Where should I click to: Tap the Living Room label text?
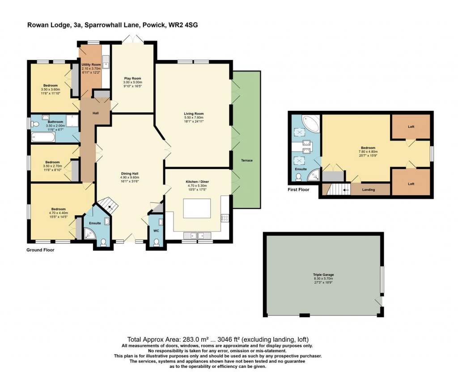coord(194,113)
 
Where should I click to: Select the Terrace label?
coord(247,160)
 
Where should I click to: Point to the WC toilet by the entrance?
coord(156,242)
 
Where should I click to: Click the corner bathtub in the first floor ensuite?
coord(310,123)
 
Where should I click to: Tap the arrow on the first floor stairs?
coord(346,189)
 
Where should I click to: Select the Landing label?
coord(369,190)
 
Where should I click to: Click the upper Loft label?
coord(411,127)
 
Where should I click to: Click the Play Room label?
coord(133,78)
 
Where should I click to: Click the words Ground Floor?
coord(40,250)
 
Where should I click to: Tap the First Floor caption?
coord(298,190)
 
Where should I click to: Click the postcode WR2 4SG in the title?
coord(183,25)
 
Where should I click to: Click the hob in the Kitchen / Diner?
coord(225,218)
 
